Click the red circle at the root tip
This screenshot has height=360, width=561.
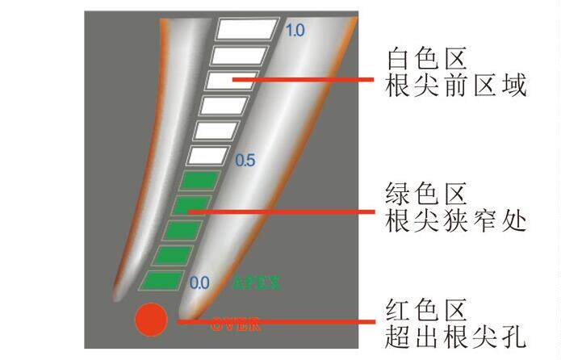pos(150,320)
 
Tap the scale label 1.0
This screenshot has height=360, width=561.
pos(295,31)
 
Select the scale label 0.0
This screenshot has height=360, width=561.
pos(199,283)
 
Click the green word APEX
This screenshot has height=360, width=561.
pos(256,283)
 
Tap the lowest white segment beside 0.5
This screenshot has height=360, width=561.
pos(209,155)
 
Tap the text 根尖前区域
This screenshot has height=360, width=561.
pos(457,85)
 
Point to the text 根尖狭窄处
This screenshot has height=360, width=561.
pos(457,220)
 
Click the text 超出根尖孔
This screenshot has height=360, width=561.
pos(457,335)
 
